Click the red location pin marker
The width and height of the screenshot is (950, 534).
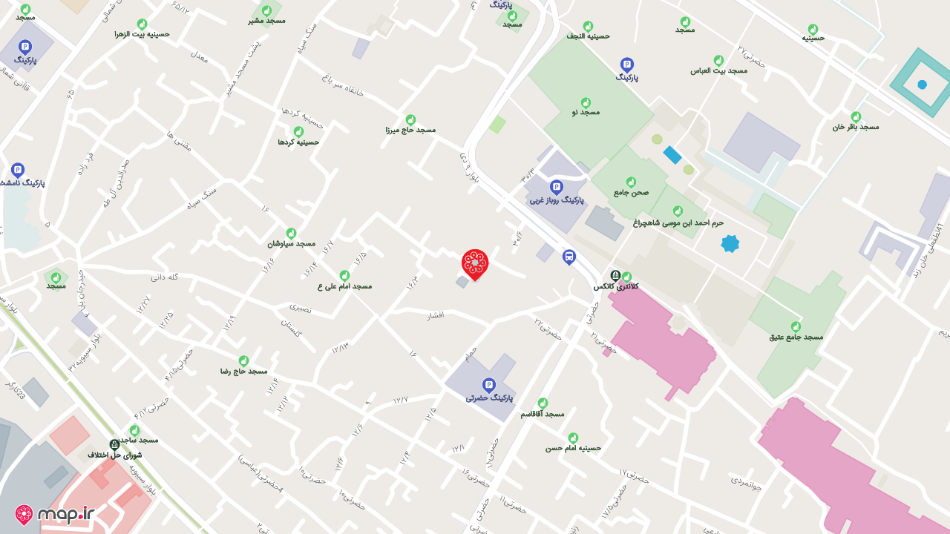pyautogui.click(x=475, y=264)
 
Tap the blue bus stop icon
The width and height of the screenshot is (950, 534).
pyautogui.click(x=569, y=257)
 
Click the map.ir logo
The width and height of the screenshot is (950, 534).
pyautogui.click(x=56, y=514)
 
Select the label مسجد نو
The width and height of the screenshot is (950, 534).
pyautogui.click(x=586, y=112)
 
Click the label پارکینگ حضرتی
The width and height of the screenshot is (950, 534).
pyautogui.click(x=489, y=398)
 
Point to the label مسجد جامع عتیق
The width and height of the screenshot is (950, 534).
pyautogui.click(x=796, y=337)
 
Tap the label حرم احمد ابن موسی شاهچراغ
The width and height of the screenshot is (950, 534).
pyautogui.click(x=678, y=222)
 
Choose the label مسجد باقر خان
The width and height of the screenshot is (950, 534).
pyautogui.click(x=855, y=127)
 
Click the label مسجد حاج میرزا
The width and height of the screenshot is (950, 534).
pyautogui.click(x=410, y=130)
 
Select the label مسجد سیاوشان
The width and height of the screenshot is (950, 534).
pyautogui.click(x=291, y=243)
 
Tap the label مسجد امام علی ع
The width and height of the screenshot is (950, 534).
pyautogui.click(x=344, y=286)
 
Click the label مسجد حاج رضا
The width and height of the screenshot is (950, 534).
pyautogui.click(x=243, y=371)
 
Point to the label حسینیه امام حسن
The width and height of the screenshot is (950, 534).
pyautogui.click(x=573, y=448)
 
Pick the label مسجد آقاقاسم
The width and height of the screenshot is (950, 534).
pyautogui.click(x=543, y=413)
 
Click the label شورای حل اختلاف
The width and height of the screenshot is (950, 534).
pyautogui.click(x=114, y=455)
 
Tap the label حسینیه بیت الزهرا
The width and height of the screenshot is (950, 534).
pyautogui.click(x=142, y=34)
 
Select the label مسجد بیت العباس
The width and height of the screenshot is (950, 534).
pyautogui.click(x=718, y=70)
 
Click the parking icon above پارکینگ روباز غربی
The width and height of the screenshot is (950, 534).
pyautogui.click(x=557, y=187)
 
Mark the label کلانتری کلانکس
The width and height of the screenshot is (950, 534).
pyautogui.click(x=615, y=286)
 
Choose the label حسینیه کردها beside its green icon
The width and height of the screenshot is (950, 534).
pyautogui.click(x=298, y=142)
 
